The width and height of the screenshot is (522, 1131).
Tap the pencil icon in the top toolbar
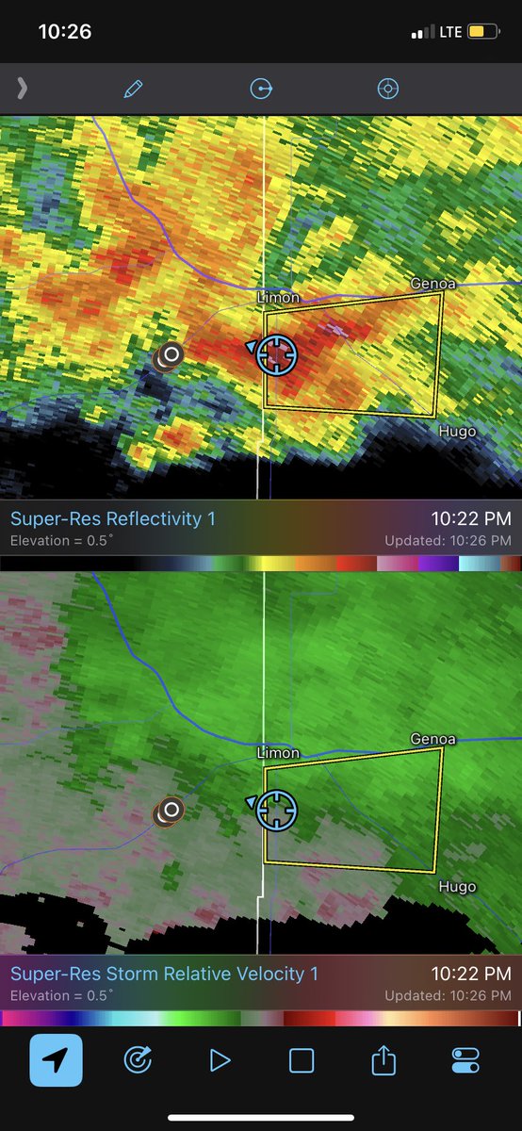(133, 89)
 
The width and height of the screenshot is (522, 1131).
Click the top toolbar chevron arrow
(22, 89)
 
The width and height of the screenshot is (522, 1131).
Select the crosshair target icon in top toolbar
(388, 89)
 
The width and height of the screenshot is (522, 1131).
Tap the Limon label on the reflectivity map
(278, 298)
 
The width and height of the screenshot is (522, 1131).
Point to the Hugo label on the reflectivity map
(457, 432)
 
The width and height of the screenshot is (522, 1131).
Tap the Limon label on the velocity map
(278, 753)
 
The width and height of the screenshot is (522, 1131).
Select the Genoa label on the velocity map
(432, 739)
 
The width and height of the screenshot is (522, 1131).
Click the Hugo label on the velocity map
(457, 887)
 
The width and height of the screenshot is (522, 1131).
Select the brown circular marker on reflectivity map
(170, 355)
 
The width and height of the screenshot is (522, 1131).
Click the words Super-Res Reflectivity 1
(106, 518)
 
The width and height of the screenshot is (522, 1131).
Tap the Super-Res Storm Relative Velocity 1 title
(164, 974)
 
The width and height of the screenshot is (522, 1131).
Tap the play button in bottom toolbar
(220, 1061)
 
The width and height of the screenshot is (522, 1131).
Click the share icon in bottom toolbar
(383, 1061)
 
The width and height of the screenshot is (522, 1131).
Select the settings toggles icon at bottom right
(465, 1061)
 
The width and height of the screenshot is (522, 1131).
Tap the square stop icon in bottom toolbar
(302, 1061)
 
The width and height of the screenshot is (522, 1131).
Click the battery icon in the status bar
(482, 32)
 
